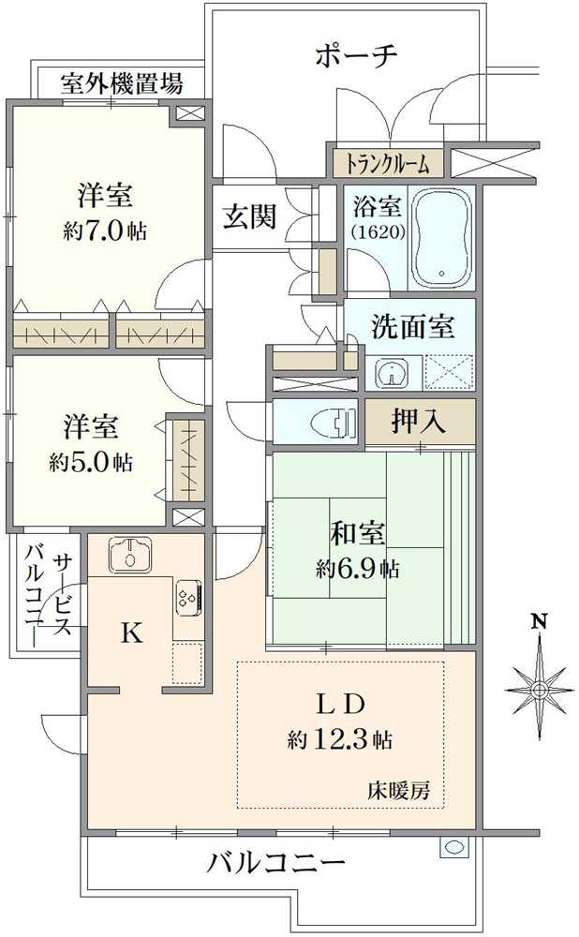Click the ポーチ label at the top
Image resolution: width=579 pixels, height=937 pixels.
click(x=356, y=55)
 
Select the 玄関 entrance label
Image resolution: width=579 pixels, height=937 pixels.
click(x=249, y=217)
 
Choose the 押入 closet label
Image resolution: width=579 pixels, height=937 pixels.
click(x=418, y=422)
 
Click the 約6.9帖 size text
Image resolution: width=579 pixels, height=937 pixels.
click(x=357, y=568)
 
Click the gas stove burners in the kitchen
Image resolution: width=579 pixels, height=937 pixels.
click(x=186, y=596)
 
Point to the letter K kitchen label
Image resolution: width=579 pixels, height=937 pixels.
click(x=132, y=634)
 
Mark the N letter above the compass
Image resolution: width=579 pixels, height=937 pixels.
click(x=539, y=621)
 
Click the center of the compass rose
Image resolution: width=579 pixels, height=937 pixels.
click(x=539, y=691)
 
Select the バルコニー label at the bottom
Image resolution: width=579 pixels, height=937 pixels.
click(x=276, y=862)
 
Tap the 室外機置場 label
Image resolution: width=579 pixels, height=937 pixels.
click(x=122, y=84)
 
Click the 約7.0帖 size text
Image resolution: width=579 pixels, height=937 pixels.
click(x=105, y=231)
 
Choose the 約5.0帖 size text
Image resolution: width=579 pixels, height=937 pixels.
click(x=91, y=462)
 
